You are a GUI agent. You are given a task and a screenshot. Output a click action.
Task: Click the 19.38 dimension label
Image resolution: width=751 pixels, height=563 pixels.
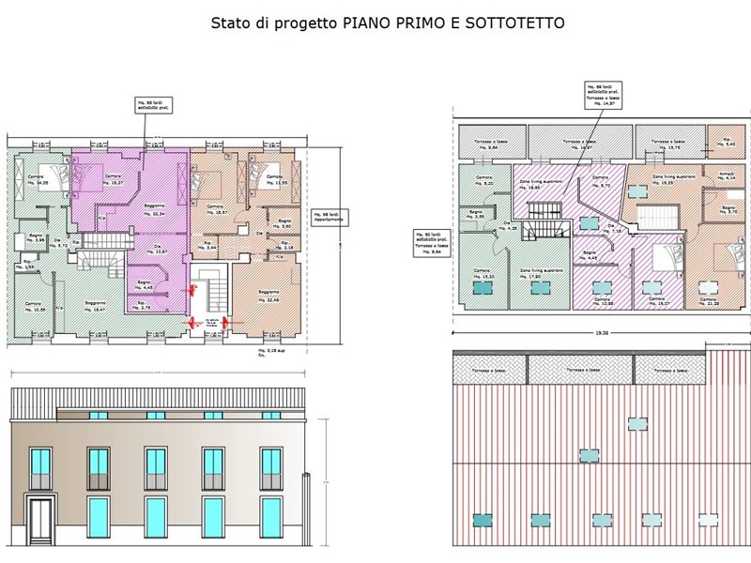point(602,331)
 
